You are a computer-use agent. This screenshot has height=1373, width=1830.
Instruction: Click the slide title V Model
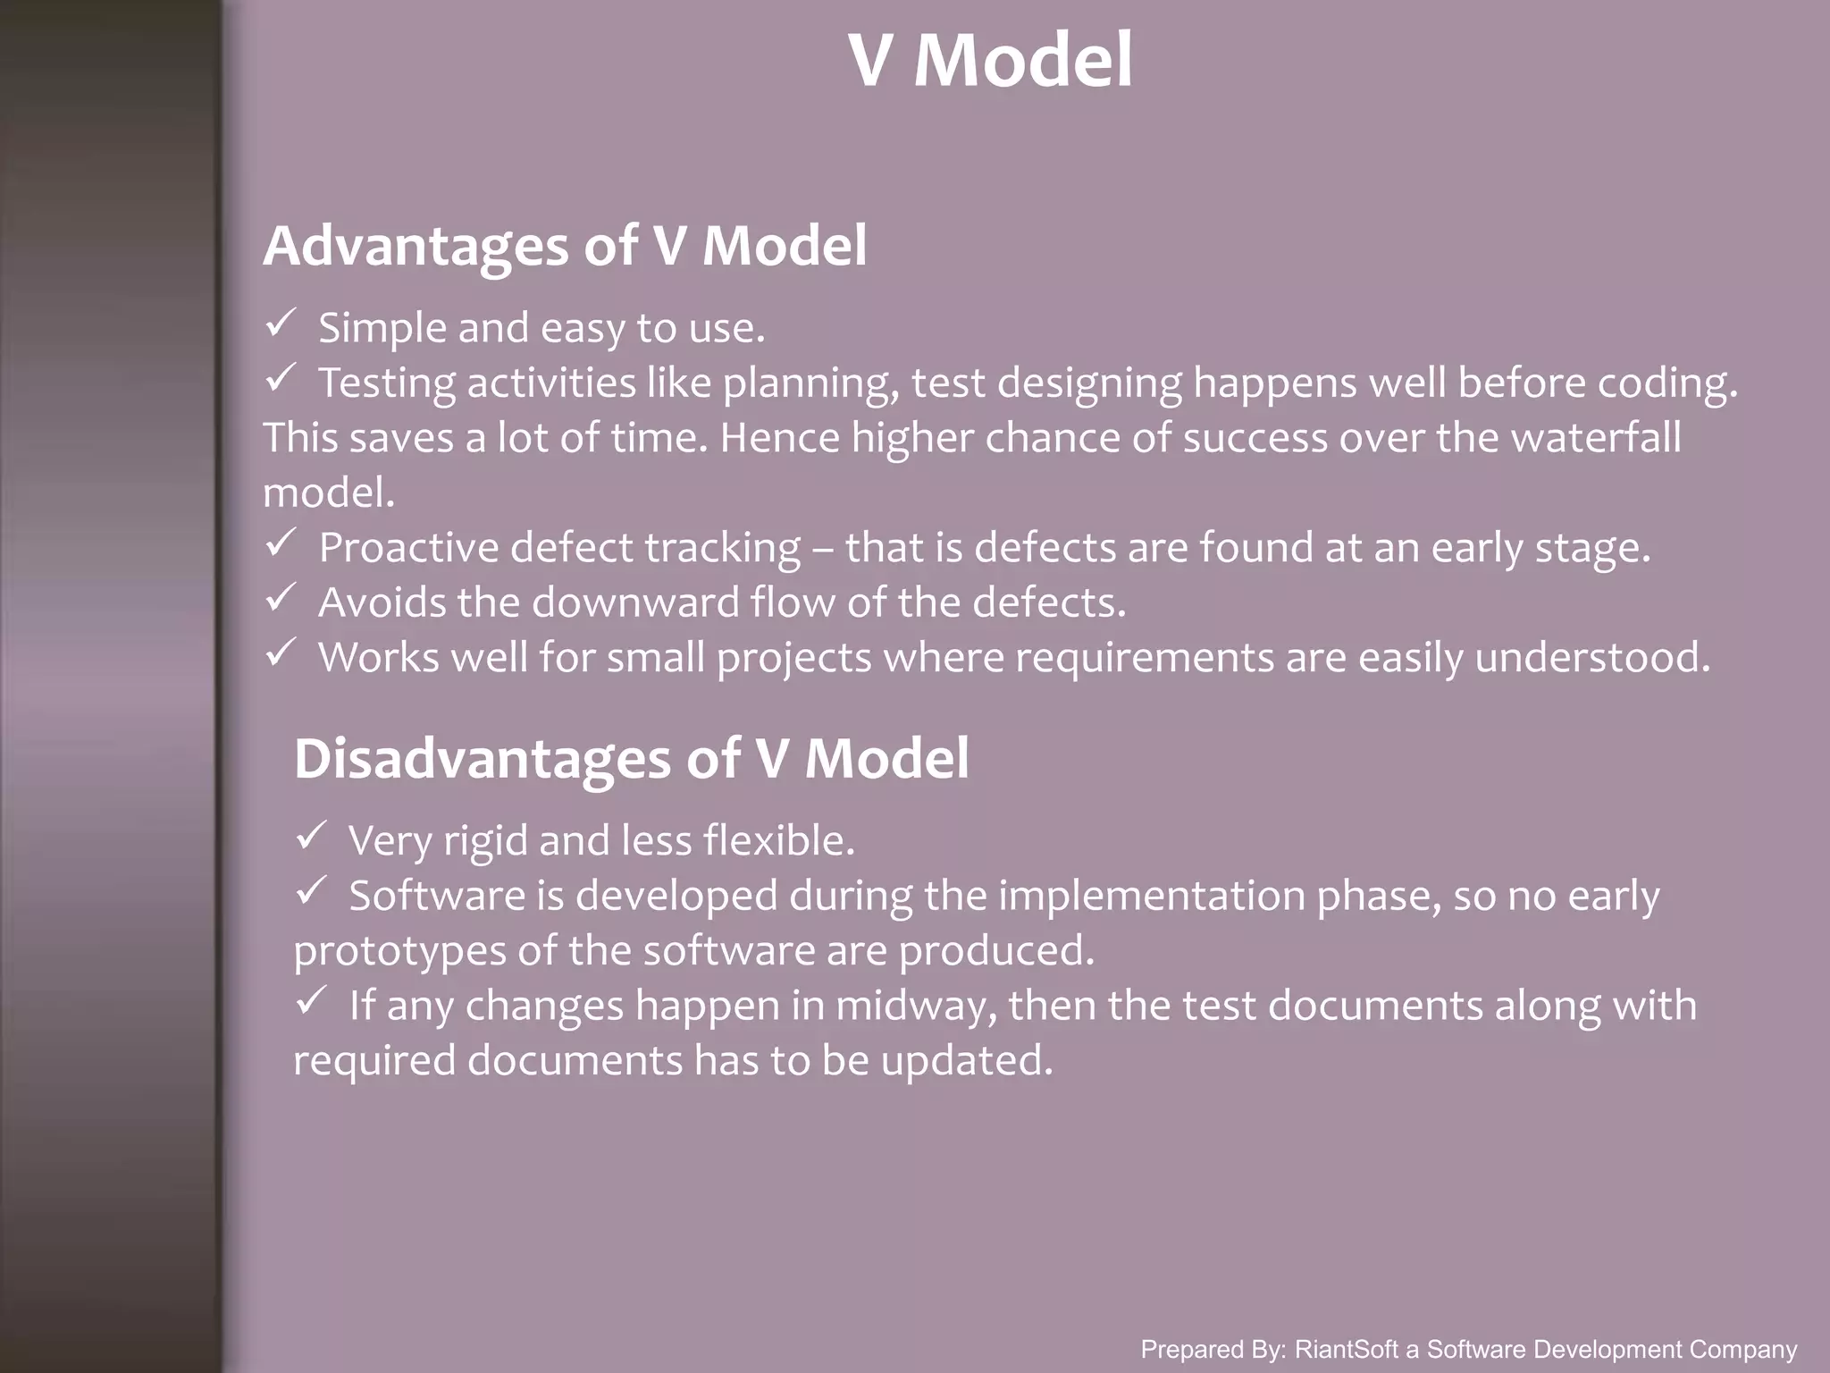990,61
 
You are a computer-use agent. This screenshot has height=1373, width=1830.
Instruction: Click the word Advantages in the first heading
416,246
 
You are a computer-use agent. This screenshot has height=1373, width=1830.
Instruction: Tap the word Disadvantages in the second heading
482,759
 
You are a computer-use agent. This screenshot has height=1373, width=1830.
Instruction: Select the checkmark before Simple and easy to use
280,324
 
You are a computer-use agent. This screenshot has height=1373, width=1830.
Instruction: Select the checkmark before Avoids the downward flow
280,597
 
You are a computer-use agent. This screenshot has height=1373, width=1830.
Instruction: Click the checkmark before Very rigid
310,836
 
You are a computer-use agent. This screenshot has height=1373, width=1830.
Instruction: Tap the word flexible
778,841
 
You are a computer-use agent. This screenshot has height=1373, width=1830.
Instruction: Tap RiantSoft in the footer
1347,1349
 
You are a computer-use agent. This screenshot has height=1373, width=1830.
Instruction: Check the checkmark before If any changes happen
310,1000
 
